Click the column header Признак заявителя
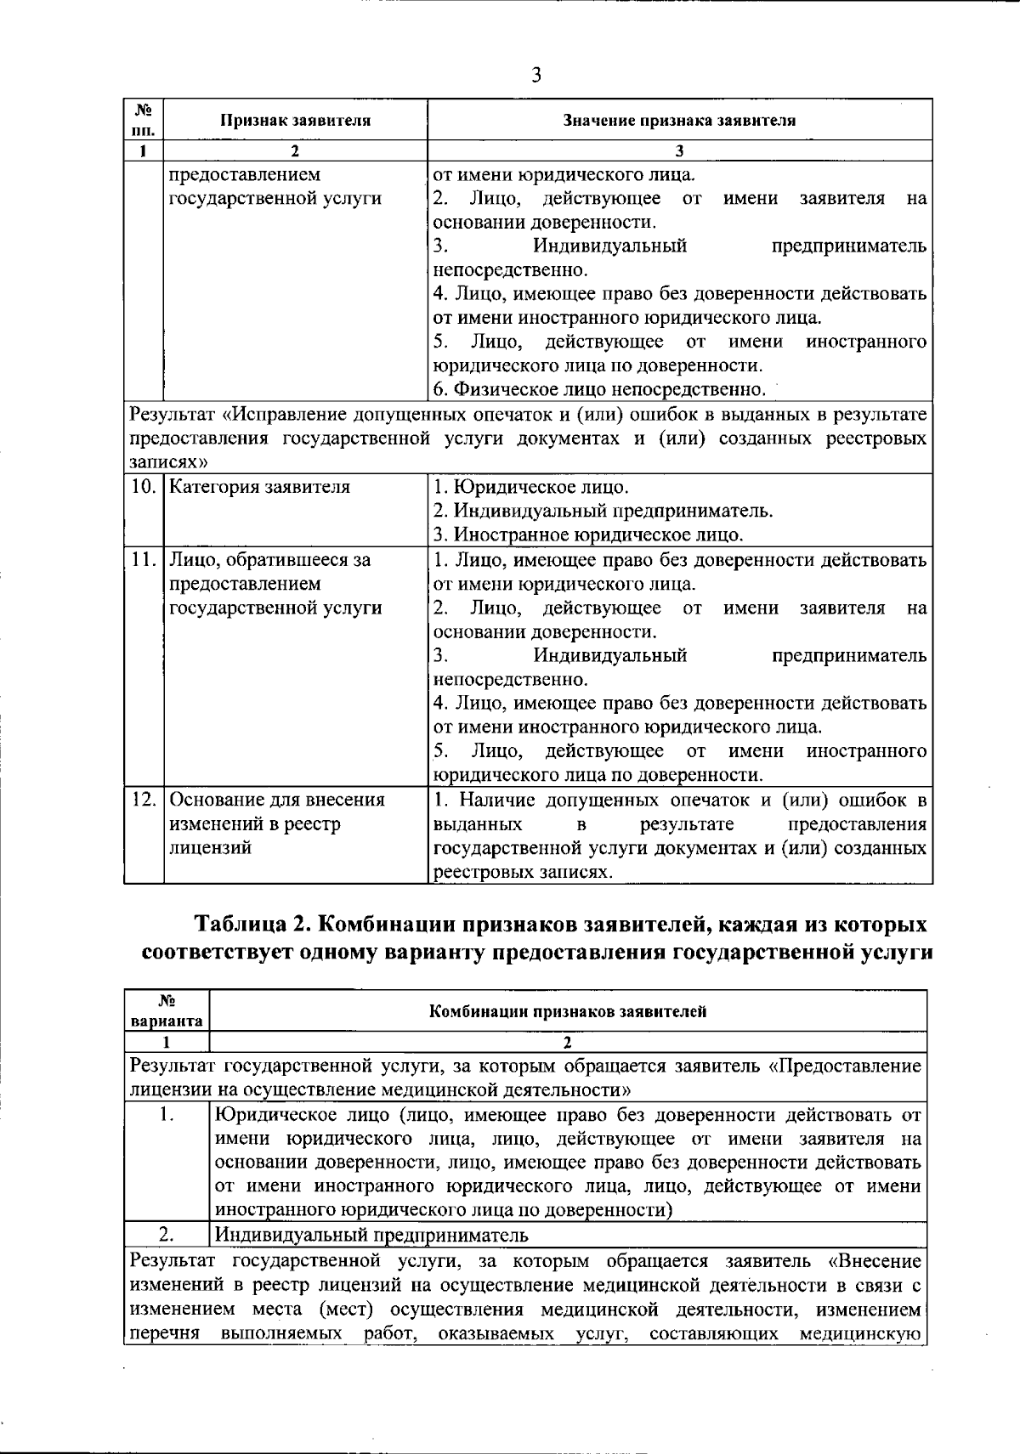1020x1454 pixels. [x=295, y=120]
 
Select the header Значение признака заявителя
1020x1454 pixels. [x=679, y=120]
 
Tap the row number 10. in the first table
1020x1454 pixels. [x=144, y=488]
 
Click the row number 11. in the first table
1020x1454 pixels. [x=144, y=560]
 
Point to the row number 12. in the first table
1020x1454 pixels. [x=144, y=801]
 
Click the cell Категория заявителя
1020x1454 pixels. [x=259, y=488]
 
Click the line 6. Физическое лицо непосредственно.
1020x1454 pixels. [x=599, y=390]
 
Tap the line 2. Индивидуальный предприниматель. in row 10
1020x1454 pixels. [x=603, y=512]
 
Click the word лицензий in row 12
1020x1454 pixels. [x=210, y=848]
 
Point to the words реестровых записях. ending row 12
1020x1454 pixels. [x=523, y=873]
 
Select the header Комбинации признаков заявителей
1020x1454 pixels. [x=567, y=1011]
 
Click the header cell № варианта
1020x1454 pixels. [x=167, y=1010]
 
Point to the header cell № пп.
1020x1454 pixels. [x=144, y=120]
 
